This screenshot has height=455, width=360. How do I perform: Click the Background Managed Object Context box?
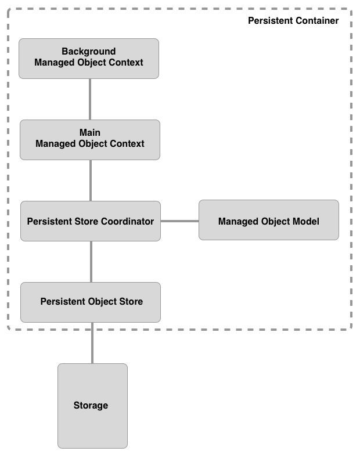(89, 58)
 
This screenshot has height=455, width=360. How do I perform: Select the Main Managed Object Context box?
(90, 139)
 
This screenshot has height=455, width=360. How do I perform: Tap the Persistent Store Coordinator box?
(91, 221)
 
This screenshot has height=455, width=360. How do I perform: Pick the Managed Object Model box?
(269, 221)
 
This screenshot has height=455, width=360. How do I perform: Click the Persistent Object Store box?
(91, 302)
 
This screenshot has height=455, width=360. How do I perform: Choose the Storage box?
(92, 406)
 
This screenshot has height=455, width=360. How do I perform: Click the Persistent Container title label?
(293, 21)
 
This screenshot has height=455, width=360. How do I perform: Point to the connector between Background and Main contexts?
(90, 99)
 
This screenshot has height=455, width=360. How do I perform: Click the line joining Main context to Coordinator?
(91, 180)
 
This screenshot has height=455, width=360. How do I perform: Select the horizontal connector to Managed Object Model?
(179, 221)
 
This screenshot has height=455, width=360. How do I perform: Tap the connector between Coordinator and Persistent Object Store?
(91, 261)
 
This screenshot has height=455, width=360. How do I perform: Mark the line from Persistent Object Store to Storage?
(92, 342)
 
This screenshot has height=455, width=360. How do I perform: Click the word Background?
(89, 52)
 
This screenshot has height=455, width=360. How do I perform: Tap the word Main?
(90, 133)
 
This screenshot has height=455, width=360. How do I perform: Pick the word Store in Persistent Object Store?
(131, 302)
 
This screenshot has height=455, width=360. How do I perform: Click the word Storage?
(91, 406)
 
